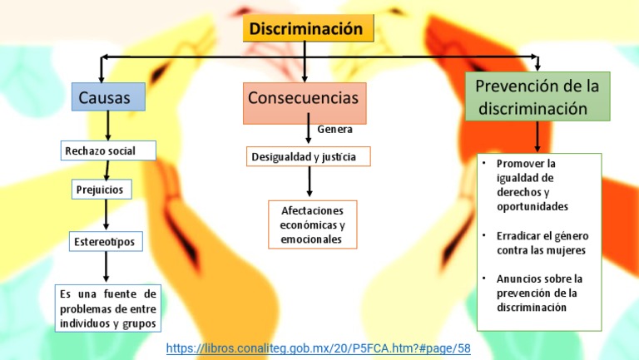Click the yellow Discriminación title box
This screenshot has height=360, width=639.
click(306, 29)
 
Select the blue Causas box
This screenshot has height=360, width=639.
click(107, 97)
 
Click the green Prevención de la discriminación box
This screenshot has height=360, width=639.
click(537, 96)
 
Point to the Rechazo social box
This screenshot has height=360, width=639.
click(109, 150)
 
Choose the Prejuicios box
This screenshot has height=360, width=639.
click(101, 190)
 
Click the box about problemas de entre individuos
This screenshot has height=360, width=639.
click(107, 308)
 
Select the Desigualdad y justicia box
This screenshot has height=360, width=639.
click(308, 156)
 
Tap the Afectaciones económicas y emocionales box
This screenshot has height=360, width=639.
click(312, 224)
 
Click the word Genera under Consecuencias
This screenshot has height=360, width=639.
click(335, 130)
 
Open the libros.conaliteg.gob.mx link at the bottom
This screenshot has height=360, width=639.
click(319, 348)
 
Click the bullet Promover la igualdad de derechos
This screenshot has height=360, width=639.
click(532, 185)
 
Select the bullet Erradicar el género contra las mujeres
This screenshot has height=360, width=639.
click(542, 243)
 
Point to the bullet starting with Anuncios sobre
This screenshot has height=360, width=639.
click(540, 293)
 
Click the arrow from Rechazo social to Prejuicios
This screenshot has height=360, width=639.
click(106, 170)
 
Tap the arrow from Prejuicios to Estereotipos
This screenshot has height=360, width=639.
click(106, 215)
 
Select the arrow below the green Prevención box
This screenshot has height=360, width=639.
click(537, 136)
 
